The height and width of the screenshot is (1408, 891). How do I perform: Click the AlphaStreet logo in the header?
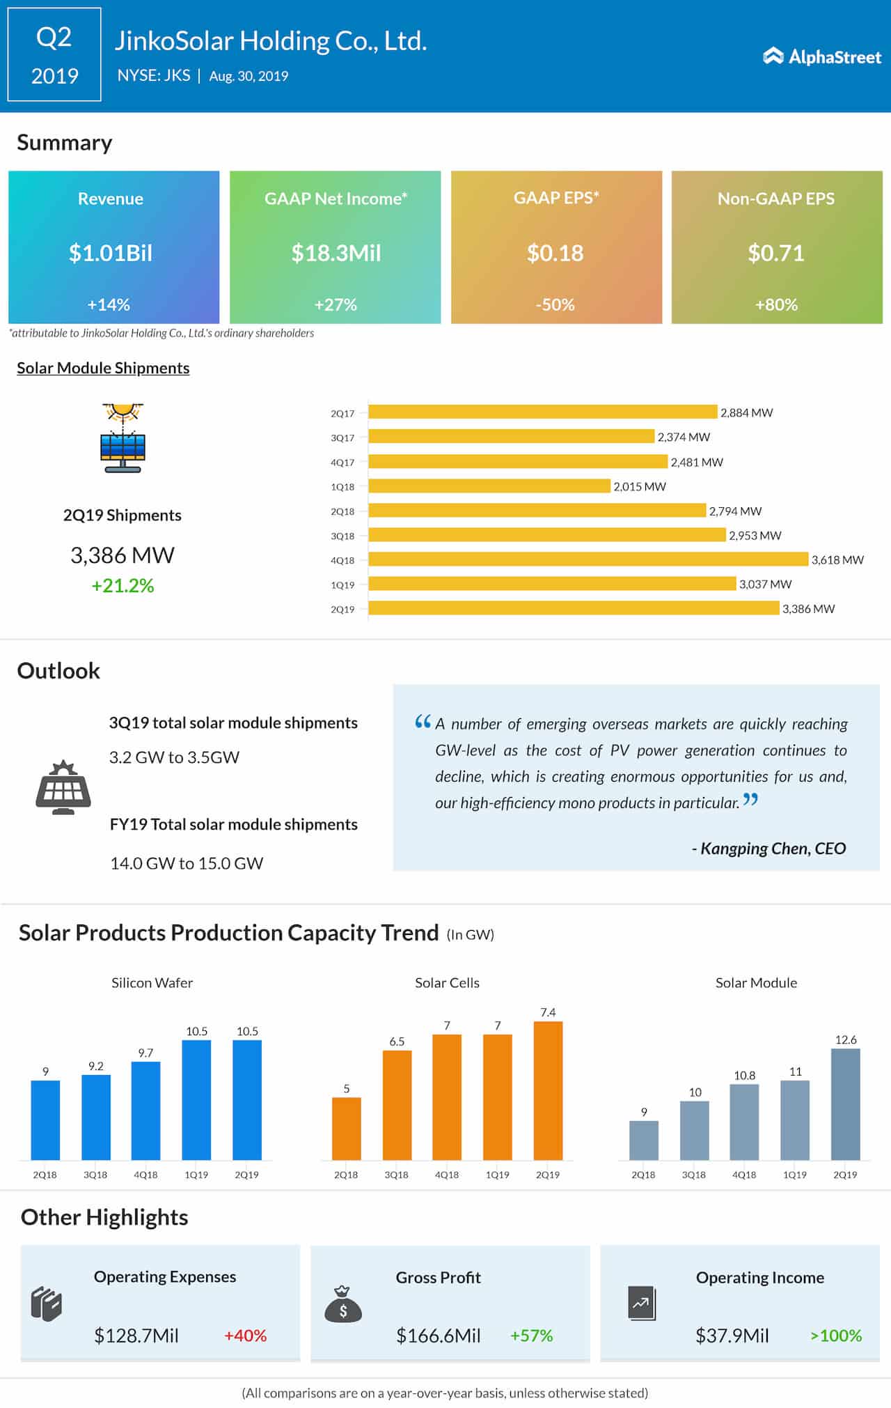(x=822, y=56)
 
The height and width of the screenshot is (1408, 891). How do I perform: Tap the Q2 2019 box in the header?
(x=54, y=55)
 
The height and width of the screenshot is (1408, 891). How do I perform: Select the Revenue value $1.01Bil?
(x=110, y=253)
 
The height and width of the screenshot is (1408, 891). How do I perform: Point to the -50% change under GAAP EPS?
(x=555, y=304)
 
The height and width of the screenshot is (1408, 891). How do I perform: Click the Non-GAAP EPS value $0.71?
(x=775, y=253)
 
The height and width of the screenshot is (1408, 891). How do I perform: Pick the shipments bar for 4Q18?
(x=588, y=559)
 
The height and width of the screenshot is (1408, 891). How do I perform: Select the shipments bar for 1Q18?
(x=489, y=486)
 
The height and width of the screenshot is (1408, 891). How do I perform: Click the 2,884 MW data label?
(x=746, y=412)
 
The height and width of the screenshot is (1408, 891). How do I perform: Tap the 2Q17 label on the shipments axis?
(x=342, y=413)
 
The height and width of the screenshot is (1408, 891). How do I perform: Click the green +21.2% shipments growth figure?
(x=123, y=585)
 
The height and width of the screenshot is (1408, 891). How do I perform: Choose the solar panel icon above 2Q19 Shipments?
(x=123, y=438)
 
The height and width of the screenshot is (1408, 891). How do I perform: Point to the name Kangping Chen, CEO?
(x=768, y=848)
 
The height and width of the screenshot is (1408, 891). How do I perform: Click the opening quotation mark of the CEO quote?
(x=423, y=722)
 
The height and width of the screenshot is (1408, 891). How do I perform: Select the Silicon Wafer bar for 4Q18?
(x=145, y=1110)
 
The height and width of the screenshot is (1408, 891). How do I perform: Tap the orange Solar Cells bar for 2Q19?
(x=548, y=1090)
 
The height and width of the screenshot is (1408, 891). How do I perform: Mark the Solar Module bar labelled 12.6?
(x=845, y=1104)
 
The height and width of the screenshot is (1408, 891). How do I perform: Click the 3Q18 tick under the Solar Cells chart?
(x=396, y=1175)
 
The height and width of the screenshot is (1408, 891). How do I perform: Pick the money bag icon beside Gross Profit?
(x=343, y=1304)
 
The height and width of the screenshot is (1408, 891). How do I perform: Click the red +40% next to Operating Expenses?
(x=245, y=1336)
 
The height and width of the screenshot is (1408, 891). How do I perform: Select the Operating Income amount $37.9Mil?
(x=732, y=1336)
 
